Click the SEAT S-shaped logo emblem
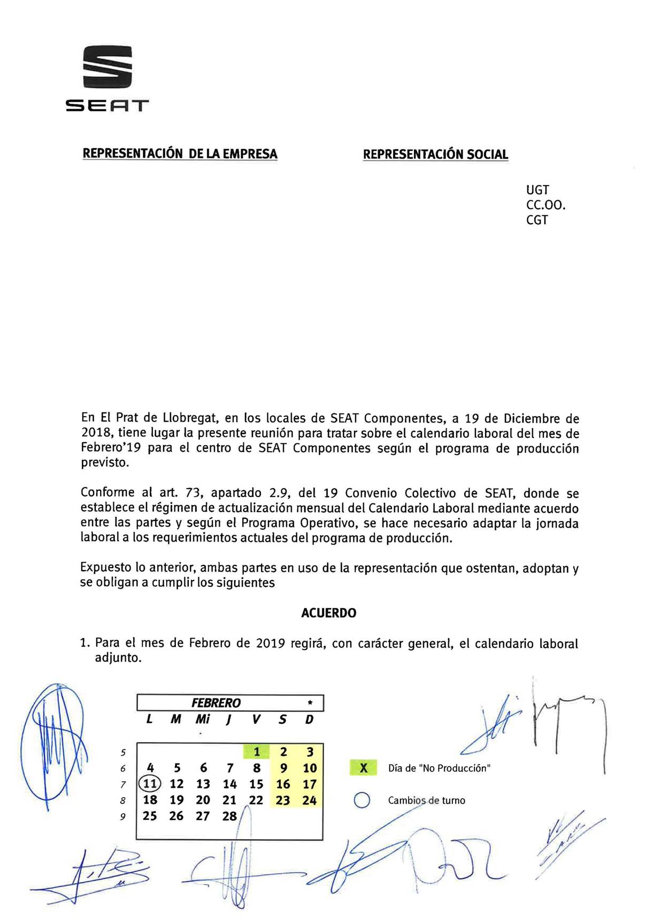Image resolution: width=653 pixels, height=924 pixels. pos(107,66)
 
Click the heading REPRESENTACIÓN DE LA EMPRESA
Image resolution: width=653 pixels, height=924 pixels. pos(180,154)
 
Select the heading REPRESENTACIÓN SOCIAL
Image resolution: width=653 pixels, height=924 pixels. pos(435,155)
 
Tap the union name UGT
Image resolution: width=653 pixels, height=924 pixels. pos(537,190)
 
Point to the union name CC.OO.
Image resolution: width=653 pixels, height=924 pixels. pos(546,205)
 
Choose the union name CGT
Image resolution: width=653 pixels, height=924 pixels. pos(537,220)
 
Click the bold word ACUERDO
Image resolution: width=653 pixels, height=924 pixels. pos(328,613)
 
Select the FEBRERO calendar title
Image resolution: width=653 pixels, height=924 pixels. pos(216,703)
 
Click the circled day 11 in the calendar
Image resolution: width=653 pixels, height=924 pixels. pos(150,784)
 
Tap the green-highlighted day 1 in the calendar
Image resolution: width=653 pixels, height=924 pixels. pos(257,752)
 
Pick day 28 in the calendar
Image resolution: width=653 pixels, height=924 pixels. pos(229,816)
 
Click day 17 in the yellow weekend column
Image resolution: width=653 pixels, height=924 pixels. pos(310,784)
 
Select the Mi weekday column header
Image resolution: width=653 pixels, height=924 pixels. pos(203,720)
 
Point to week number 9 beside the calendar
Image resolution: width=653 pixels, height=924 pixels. pos(123,817)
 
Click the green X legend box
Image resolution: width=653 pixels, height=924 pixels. pos(364,768)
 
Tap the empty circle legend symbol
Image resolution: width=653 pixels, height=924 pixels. pos(363,800)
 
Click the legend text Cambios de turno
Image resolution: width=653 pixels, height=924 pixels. pos(426,800)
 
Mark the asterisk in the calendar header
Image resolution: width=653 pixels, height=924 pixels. pos(310,703)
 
